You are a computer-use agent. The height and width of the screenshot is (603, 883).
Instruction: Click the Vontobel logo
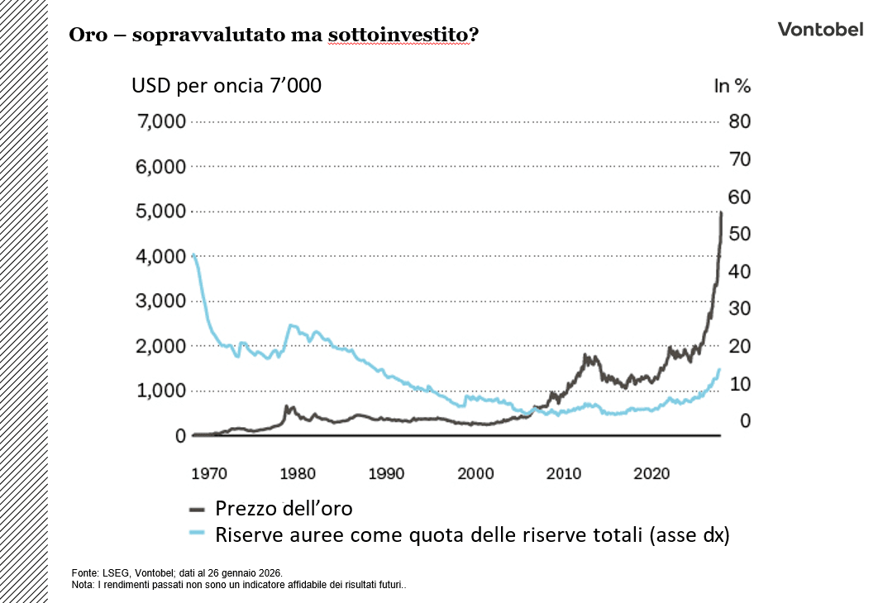(820, 30)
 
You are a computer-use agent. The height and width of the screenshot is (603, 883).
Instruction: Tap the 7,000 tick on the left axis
(161, 122)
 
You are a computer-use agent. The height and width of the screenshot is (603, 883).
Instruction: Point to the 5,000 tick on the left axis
(161, 211)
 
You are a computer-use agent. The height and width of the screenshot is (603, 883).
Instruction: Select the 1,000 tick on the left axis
(161, 391)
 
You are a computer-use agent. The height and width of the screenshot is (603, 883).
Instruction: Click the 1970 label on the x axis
(209, 473)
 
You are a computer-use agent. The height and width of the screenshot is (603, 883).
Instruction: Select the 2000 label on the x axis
(475, 473)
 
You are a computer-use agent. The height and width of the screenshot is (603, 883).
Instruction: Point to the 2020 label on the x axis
(652, 473)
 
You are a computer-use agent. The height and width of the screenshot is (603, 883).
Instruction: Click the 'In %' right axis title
(732, 86)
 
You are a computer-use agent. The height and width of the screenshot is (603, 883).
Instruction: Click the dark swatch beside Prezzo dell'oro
(198, 509)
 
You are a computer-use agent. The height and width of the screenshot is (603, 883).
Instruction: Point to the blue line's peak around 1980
(291, 325)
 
